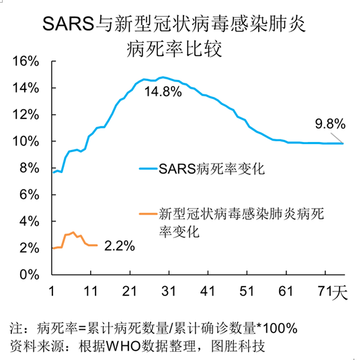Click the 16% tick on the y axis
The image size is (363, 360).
(x=27, y=61)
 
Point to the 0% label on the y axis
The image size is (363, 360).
(x=30, y=275)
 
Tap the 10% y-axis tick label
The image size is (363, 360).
(x=27, y=141)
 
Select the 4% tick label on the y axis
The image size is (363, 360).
(x=30, y=221)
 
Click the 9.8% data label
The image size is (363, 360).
(x=330, y=124)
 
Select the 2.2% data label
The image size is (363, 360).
(x=120, y=247)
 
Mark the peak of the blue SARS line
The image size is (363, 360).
(x=162, y=77)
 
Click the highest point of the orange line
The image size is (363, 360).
(x=73, y=232)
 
